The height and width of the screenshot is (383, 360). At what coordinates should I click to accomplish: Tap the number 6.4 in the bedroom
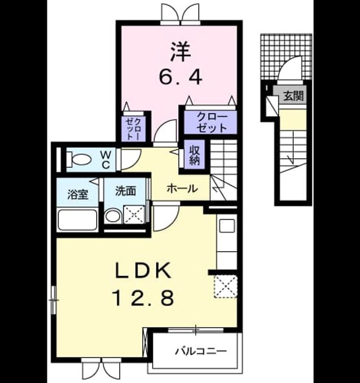coord(181,77)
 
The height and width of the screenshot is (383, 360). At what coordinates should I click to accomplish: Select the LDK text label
coord(144,270)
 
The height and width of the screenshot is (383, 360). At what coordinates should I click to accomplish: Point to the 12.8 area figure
coord(144,297)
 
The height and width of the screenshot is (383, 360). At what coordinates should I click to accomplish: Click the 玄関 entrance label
coord(293,95)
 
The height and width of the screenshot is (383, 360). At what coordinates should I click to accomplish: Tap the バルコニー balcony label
coord(201,351)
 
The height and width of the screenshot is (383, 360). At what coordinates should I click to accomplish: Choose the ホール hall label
coord(182,188)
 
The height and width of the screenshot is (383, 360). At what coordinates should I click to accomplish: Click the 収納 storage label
coord(195,155)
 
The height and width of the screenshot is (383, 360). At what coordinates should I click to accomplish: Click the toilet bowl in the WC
coord(78,159)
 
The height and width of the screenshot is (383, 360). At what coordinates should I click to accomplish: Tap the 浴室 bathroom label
coord(78,195)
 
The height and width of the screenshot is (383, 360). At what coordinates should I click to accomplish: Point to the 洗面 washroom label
coord(126,191)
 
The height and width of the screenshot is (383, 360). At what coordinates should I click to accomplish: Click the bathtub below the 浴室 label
coord(77,219)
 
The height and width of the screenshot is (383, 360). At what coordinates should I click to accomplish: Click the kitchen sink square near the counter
coord(227,226)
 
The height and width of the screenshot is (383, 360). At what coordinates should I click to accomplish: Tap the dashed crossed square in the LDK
coord(226,286)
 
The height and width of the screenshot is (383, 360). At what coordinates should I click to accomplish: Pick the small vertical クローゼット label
coord(134,128)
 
